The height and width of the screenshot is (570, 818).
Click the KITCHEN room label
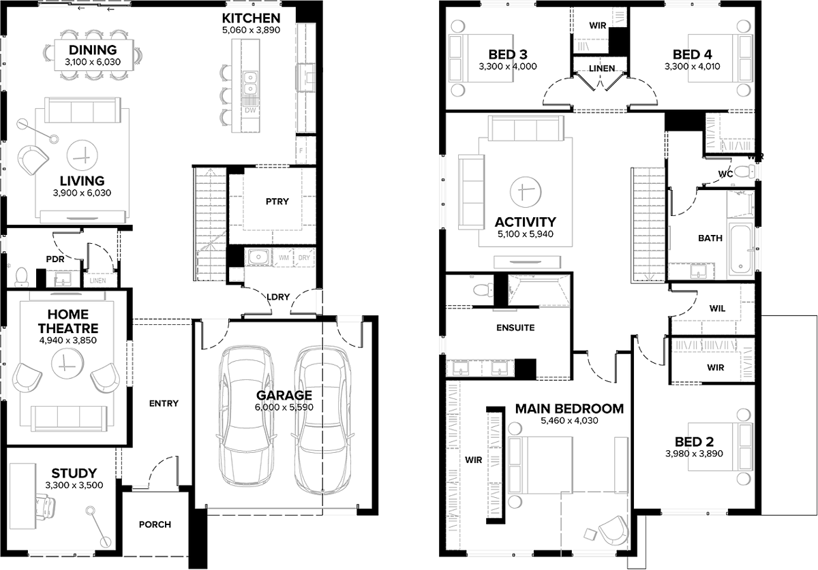click(x=251, y=18)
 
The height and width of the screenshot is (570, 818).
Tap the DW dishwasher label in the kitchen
click(x=250, y=110)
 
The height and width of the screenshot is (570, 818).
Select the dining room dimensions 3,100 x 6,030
click(x=93, y=62)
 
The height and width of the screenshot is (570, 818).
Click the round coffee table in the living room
click(x=82, y=156)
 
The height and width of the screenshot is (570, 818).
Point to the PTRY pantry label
click(x=277, y=202)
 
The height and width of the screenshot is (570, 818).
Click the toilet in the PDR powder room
click(x=21, y=276)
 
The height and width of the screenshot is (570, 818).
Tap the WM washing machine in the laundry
click(x=284, y=257)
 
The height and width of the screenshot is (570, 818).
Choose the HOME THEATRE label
click(x=68, y=321)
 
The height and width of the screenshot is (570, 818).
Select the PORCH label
click(x=155, y=524)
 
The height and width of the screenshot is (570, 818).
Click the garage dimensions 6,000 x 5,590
click(x=284, y=407)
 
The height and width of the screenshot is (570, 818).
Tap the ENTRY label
click(x=164, y=403)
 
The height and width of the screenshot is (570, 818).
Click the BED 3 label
click(x=508, y=54)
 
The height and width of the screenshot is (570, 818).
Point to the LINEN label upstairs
click(x=602, y=68)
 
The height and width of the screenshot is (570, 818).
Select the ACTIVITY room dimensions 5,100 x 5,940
click(x=526, y=234)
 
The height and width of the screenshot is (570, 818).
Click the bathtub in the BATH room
click(x=740, y=251)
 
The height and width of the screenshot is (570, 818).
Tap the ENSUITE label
click(x=515, y=328)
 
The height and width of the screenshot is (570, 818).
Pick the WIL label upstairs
click(x=717, y=308)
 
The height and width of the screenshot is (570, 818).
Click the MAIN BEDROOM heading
click(x=569, y=409)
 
